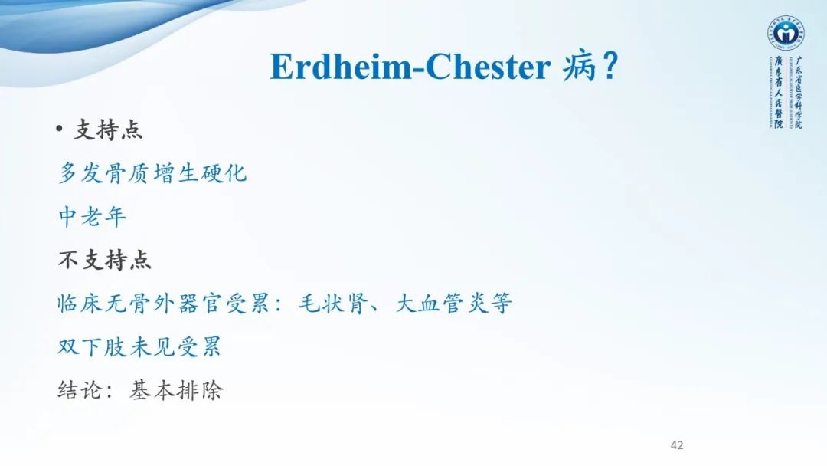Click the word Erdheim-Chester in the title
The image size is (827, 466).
point(409,67)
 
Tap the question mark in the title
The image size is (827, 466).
point(609,67)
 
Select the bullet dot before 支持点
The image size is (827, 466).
point(60,130)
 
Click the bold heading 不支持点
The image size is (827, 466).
point(105,260)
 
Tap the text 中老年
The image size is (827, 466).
point(93,217)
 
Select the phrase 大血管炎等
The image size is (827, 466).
point(453,304)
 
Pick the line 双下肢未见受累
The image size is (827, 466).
point(140,347)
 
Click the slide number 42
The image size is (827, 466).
point(676,445)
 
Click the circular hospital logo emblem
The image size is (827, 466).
point(785,34)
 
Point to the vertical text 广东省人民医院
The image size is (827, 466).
point(777,92)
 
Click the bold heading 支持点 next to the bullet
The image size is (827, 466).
point(108,130)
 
